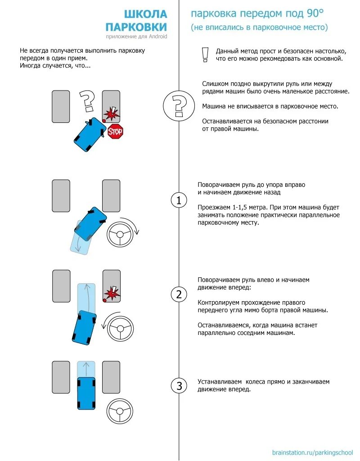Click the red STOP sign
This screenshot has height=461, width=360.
pyautogui.click(x=115, y=131)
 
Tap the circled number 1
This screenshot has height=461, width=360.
pyautogui.click(x=179, y=201)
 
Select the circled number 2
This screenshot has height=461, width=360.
pyautogui.click(x=179, y=295)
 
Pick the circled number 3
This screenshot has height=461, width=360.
pyautogui.click(x=179, y=386)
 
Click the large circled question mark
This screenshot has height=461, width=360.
pyautogui.click(x=179, y=106)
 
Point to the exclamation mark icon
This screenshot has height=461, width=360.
pyautogui.click(x=205, y=54)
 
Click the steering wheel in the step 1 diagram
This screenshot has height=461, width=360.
pyautogui.click(x=120, y=234)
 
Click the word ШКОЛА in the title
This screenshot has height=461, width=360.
pyautogui.click(x=145, y=14)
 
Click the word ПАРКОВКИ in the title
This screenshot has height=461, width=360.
pyautogui.click(x=137, y=27)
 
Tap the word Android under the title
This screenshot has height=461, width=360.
pyautogui.click(x=157, y=36)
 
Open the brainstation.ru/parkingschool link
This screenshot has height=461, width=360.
pyautogui.click(x=313, y=452)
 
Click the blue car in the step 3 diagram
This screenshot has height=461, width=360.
pyautogui.click(x=86, y=393)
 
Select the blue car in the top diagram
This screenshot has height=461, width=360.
pyautogui.click(x=89, y=135)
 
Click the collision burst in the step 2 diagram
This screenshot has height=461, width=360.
pyautogui.click(x=112, y=294)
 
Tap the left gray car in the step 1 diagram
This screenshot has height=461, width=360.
pyautogui.click(x=61, y=196)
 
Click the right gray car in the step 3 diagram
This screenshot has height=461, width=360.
pyautogui.click(x=111, y=377)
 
